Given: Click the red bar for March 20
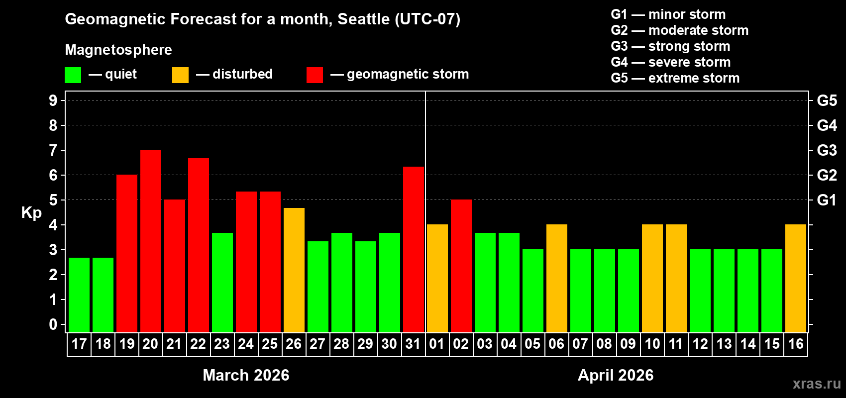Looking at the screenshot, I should [151, 241].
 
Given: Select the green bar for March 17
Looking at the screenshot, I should [79, 295].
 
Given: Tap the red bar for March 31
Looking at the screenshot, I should [414, 249].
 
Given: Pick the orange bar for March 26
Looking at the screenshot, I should [294, 270].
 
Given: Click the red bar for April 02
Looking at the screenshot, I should [461, 266].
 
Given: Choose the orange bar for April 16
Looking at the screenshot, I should [796, 278].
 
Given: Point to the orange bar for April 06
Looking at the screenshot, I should [557, 278].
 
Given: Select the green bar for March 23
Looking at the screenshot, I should [222, 282].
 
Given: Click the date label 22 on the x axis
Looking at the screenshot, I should [198, 344].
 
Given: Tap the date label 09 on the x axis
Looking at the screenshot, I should [628, 344].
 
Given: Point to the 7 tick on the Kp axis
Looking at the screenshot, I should [53, 150].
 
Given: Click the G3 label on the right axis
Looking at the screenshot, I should [827, 150].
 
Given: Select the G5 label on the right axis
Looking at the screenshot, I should [827, 100].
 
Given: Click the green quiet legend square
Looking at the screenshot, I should [73, 75].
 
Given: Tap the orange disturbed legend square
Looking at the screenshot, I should [180, 75].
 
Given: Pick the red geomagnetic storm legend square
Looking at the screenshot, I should [315, 75].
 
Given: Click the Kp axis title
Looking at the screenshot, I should [31, 213].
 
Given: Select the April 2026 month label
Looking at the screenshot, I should [616, 375].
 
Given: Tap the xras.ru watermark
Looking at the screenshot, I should [817, 384].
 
